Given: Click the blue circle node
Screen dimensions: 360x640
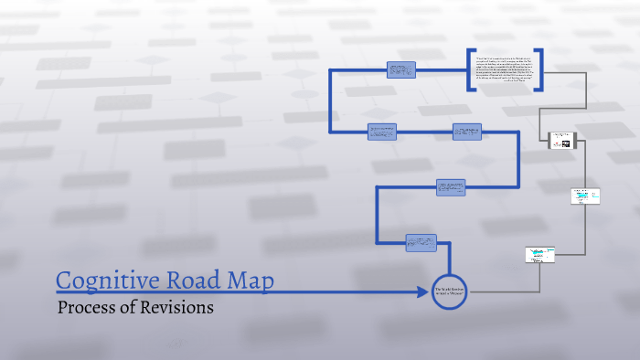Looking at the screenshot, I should pyautogui.click(x=449, y=291).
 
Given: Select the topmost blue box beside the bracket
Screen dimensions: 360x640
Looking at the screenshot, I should pyautogui.click(x=401, y=69).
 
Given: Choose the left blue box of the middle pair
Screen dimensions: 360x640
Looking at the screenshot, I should pyautogui.click(x=381, y=132).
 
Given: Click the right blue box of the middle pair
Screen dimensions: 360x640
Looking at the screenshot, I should pyautogui.click(x=466, y=132).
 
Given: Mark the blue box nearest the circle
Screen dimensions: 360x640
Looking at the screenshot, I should pyautogui.click(x=421, y=242).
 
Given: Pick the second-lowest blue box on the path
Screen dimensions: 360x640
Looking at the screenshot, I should pyautogui.click(x=451, y=186).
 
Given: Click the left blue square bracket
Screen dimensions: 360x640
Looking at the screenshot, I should pyautogui.click(x=470, y=69).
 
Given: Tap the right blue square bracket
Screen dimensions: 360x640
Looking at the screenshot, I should pyautogui.click(x=540, y=69).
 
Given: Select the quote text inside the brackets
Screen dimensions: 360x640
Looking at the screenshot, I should pyautogui.click(x=506, y=69).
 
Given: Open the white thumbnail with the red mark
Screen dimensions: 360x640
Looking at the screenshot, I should pyautogui.click(x=560, y=142).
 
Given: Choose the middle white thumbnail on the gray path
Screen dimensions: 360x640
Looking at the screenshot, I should pyautogui.click(x=586, y=196).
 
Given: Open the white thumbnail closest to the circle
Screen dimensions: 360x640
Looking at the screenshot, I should pyautogui.click(x=540, y=255).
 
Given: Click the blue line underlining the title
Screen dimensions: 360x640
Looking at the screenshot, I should pyautogui.click(x=229, y=292).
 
